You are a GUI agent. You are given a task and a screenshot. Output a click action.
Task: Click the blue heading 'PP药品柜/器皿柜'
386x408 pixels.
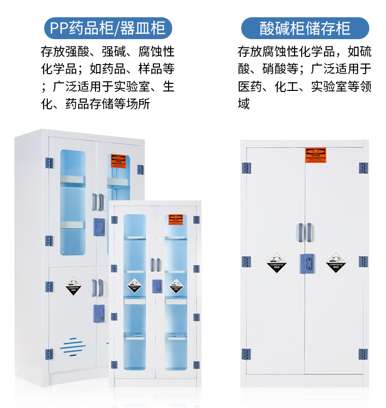(108, 27)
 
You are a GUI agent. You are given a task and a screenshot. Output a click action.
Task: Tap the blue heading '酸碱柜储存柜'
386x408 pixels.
(305, 27)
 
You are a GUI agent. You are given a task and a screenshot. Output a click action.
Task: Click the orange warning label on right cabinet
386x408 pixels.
(315, 155)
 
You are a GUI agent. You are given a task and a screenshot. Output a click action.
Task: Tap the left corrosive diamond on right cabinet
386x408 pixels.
(275, 262)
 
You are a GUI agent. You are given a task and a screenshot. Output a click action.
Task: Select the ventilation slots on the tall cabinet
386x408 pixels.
(73, 347)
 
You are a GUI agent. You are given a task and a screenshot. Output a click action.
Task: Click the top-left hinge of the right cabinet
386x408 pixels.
(246, 168)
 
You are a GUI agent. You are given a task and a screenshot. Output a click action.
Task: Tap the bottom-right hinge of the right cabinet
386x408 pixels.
(363, 354)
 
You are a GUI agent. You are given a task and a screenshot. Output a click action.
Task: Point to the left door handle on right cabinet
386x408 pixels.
(301, 232)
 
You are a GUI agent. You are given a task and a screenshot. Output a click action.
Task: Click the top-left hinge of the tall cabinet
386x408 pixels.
(49, 164)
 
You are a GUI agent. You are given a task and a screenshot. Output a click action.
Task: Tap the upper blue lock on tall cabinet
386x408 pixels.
(100, 225)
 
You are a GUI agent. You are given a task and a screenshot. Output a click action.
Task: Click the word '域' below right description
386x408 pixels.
(244, 105)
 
